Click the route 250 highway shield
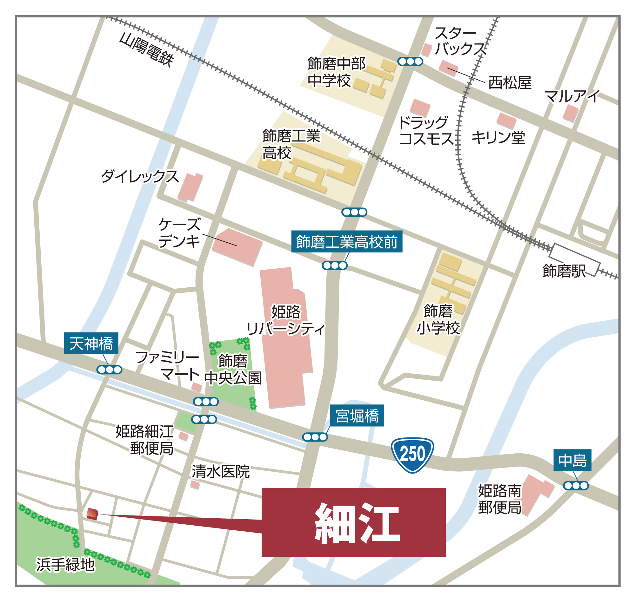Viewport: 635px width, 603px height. pyautogui.click(x=412, y=455)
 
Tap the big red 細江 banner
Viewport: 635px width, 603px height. pyautogui.click(x=353, y=522)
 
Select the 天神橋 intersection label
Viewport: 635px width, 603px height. pyautogui.click(x=91, y=344)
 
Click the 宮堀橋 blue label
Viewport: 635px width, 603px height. pyautogui.click(x=357, y=416)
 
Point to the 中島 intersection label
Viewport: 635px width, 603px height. pyautogui.click(x=572, y=460)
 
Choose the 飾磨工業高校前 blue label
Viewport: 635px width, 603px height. pyautogui.click(x=346, y=242)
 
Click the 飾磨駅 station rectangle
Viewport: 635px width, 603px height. pyautogui.click(x=575, y=260)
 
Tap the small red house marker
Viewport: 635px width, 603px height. pyautogui.click(x=92, y=514)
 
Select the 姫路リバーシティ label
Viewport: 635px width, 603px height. pyautogui.click(x=286, y=320)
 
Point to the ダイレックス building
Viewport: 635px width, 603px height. pyautogui.click(x=190, y=187)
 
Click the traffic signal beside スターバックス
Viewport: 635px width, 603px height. pyautogui.click(x=410, y=62)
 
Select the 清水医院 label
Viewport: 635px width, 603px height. pyautogui.click(x=221, y=472)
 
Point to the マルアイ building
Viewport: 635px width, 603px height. pyautogui.click(x=570, y=113)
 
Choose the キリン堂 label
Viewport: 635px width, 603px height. pyautogui.click(x=498, y=138)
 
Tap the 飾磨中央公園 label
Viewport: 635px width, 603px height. pyautogui.click(x=233, y=370)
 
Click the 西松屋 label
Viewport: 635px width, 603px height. pyautogui.click(x=510, y=83)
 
